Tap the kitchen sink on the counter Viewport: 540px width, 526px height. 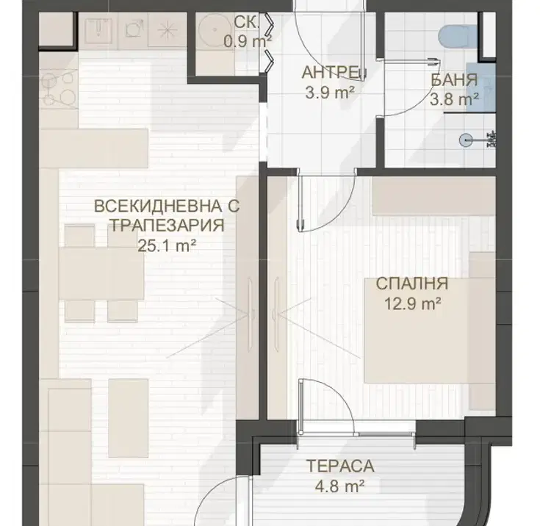[98, 30]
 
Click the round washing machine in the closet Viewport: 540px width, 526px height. [215, 30]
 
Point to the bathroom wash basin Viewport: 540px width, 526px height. [465, 140]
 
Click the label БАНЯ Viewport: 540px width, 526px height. [454, 80]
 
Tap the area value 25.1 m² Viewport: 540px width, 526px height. [167, 246]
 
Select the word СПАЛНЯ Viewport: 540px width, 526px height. [412, 284]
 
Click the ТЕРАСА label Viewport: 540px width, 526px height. [340, 466]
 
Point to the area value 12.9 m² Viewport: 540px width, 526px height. [413, 304]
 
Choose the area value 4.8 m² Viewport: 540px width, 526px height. [340, 487]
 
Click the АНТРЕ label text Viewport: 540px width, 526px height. [333, 73]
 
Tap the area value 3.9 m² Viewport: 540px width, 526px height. [330, 93]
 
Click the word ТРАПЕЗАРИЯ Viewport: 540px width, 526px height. [167, 226]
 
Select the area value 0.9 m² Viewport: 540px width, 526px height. [248, 42]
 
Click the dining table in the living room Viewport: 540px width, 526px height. [101, 273]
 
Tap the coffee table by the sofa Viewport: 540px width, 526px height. [129, 418]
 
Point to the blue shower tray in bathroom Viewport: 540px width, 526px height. [481, 87]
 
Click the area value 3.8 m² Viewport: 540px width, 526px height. [454, 100]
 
